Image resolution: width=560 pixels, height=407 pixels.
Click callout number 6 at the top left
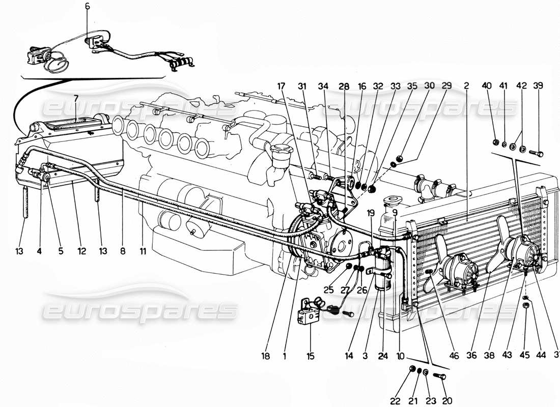coord(87,7)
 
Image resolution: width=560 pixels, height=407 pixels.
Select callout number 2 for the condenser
coord(466,86)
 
